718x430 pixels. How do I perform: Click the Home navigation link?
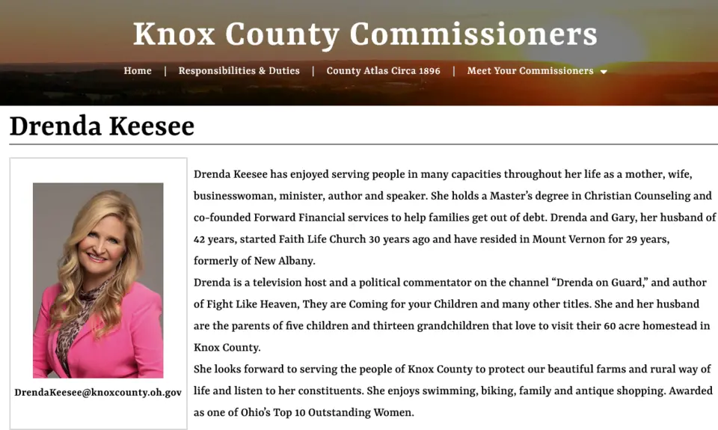(x=138, y=71)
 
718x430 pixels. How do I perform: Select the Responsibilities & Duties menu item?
(x=239, y=71)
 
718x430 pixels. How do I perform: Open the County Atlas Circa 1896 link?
(x=383, y=71)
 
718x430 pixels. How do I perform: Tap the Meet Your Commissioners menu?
(x=530, y=71)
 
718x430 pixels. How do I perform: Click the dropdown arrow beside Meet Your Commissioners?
(x=604, y=72)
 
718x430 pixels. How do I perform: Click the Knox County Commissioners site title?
(x=365, y=34)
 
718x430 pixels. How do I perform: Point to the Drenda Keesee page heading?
(x=102, y=126)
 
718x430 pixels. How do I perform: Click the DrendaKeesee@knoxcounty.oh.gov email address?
(x=98, y=392)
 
